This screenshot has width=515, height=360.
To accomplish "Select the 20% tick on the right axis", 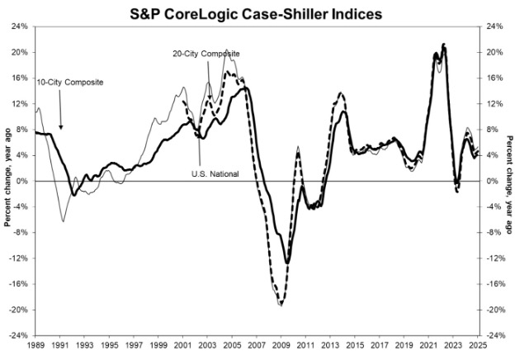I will pyautogui.click(x=491, y=52).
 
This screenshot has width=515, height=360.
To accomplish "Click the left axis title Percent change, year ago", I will pyautogui.click(x=7, y=181).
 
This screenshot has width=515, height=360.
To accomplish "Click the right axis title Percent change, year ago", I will pyautogui.click(x=508, y=181).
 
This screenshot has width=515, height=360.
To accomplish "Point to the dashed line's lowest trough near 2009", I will pyautogui.click(x=281, y=304).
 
